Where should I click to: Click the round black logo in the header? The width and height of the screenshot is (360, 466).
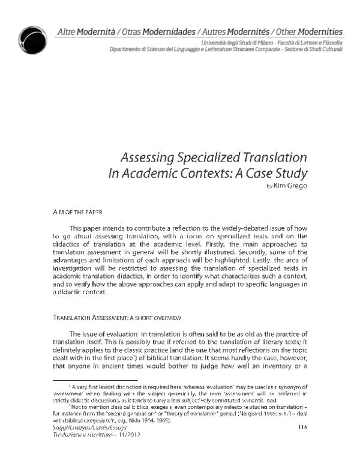(31, 39)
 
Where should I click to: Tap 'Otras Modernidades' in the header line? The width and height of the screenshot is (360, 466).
(159, 31)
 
